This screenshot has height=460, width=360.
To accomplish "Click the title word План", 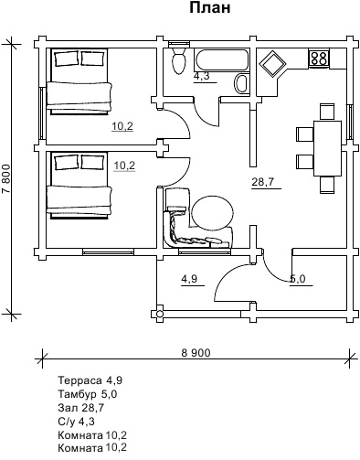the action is point(210,7).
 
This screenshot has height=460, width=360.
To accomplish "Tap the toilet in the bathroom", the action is point(178,59).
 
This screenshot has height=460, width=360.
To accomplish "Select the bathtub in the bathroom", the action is point(221,60).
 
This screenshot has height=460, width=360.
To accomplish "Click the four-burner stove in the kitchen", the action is point(319,58).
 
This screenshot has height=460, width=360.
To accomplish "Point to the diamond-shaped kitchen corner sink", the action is point(272,63).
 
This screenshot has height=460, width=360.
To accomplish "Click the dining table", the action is point(327,148).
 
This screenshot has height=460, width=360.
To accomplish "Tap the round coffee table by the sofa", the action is point(212,212).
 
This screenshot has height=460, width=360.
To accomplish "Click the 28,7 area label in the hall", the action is point(263,182).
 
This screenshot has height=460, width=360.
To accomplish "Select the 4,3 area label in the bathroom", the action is point(202,76).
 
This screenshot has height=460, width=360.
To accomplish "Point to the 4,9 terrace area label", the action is point(189,279).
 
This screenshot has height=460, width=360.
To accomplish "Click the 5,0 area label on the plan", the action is point(298,279).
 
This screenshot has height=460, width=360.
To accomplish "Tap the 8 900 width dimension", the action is point(196,353).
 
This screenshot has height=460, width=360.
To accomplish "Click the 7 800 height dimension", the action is point(6,178).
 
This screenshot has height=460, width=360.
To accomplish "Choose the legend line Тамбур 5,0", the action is point(88,394).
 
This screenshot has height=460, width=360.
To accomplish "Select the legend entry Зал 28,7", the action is point(81,408).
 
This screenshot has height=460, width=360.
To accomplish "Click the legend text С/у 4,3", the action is point(76,422).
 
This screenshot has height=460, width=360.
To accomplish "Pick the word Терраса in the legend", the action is point(79,380).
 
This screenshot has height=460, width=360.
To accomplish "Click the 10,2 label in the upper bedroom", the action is point(122,126).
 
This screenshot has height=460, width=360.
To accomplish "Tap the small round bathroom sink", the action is point(242,83).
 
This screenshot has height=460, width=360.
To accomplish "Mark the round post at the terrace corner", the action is point(160,314).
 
